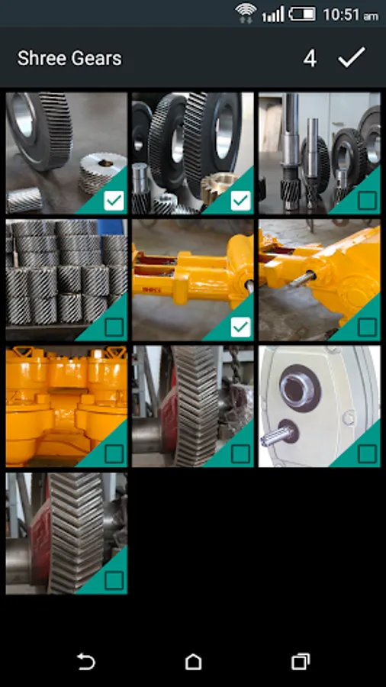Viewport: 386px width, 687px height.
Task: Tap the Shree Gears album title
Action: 69,58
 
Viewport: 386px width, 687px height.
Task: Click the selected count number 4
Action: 310,59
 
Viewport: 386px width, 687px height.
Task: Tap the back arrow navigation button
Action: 85,662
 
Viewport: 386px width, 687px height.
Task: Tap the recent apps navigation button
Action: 301,662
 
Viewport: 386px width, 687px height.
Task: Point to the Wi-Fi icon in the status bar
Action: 246,13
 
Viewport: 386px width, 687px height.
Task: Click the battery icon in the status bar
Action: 302,14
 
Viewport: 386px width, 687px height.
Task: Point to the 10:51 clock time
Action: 350,15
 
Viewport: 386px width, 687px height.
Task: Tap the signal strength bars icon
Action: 272,14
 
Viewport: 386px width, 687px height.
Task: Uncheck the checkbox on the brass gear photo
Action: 241,201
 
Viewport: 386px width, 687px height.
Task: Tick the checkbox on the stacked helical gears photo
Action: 114,327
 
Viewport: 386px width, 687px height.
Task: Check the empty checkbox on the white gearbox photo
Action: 367,454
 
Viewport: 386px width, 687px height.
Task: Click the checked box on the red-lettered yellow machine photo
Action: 241,327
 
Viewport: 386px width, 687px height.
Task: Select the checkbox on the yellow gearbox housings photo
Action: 114,454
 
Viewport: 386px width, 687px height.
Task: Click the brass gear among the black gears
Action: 217,186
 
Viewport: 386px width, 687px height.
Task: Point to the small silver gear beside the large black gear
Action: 102,173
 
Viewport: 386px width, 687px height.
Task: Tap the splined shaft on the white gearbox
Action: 278,434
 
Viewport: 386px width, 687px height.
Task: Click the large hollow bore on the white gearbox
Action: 301,388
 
